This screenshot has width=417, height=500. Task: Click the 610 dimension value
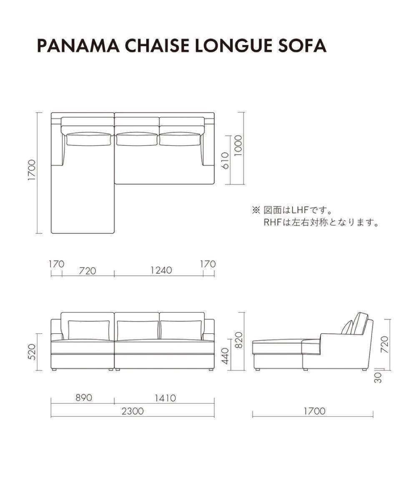225,160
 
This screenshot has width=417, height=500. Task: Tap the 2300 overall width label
133,411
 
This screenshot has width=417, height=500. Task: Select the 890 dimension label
83,398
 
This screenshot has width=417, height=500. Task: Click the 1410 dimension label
165,398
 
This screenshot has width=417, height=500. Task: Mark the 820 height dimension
239,341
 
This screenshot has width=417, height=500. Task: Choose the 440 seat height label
225,356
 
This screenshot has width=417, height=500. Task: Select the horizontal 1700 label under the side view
314,411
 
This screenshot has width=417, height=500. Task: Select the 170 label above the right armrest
208,264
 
